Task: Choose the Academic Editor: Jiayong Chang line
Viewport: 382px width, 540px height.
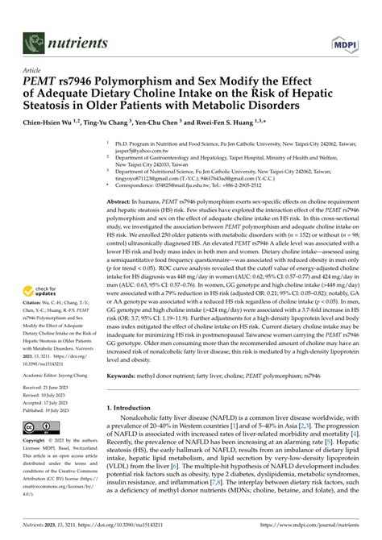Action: [x=58, y=375]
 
